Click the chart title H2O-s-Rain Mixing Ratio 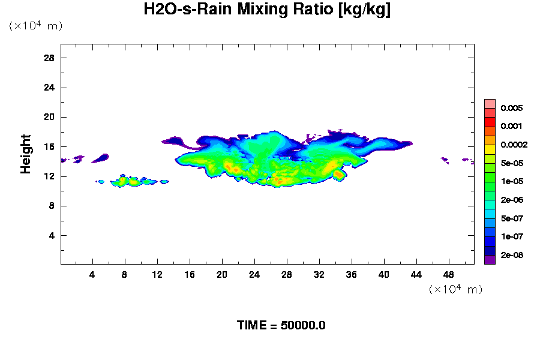(268, 10)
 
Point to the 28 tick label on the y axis (49, 58)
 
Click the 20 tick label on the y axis (49, 117)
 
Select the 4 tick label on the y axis (52, 235)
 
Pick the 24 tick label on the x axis (254, 275)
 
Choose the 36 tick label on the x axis (352, 275)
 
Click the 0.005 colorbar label (512, 109)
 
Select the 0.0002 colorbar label (514, 145)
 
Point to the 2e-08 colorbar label (512, 256)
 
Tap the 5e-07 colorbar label (512, 219)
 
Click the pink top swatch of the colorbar (490, 103)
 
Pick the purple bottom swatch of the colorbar (490, 259)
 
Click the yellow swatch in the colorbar (490, 149)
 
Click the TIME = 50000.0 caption (281, 326)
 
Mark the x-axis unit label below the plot (455, 289)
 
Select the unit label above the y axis (35, 26)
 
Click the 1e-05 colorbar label (512, 182)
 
